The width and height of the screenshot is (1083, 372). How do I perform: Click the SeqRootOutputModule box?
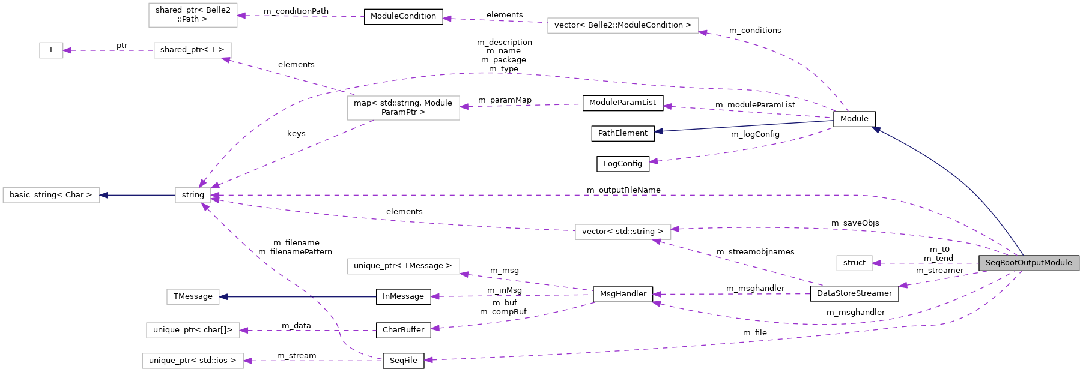point(1028,263)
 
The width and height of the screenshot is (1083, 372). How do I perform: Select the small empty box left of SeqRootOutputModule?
point(854,263)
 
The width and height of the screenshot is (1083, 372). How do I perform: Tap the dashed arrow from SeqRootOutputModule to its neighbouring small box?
point(925,263)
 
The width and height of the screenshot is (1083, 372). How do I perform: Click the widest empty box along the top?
point(623,25)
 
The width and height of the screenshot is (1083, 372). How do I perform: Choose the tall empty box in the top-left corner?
point(193,15)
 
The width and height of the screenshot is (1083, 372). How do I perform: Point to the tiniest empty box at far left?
point(51,50)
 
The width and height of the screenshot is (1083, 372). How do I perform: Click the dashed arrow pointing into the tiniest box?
point(108,50)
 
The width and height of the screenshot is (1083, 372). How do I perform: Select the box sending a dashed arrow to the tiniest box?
point(193,50)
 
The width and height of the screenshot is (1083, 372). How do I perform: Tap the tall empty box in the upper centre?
point(403,108)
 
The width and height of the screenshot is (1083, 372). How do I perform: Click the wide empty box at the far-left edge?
point(51,195)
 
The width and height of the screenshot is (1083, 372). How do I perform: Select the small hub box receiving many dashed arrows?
point(193,195)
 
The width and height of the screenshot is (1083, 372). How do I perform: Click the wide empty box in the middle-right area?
point(623,232)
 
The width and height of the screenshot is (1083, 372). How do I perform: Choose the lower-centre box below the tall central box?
point(403,266)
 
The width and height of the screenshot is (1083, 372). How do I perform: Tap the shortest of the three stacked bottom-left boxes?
point(193,296)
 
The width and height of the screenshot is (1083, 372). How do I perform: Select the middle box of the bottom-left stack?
point(193,330)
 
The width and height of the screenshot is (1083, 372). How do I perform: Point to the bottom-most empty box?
point(193,361)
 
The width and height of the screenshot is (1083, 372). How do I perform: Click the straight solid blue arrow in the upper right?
point(745,126)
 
